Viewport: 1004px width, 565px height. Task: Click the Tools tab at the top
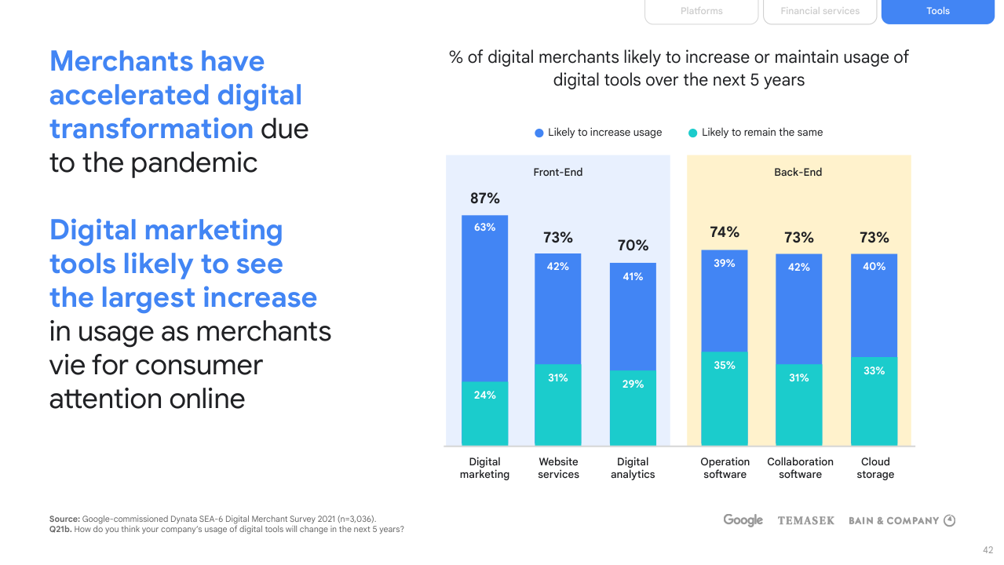pyautogui.click(x=937, y=11)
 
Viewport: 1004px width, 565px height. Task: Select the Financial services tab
pyautogui.click(x=820, y=11)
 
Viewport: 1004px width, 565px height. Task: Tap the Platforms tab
pyautogui.click(x=701, y=11)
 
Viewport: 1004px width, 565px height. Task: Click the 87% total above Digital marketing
pyautogui.click(x=485, y=199)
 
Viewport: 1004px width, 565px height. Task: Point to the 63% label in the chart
pyautogui.click(x=484, y=228)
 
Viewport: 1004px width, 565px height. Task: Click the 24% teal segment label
pyautogui.click(x=484, y=395)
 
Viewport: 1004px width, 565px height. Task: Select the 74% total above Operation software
pyautogui.click(x=725, y=232)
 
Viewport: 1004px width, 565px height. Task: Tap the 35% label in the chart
pyautogui.click(x=725, y=366)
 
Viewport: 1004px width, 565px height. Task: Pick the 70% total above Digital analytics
pyautogui.click(x=633, y=246)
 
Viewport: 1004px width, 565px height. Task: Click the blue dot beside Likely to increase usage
pyautogui.click(x=539, y=133)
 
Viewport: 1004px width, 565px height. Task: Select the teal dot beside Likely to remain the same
pyautogui.click(x=692, y=133)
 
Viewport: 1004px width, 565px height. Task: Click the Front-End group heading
pyautogui.click(x=558, y=173)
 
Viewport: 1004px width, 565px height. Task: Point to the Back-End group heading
pyautogui.click(x=798, y=173)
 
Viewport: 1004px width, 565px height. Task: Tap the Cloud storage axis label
pyautogui.click(x=875, y=468)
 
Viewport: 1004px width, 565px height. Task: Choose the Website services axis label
pyautogui.click(x=558, y=468)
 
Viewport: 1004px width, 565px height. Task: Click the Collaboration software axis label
pyautogui.click(x=800, y=468)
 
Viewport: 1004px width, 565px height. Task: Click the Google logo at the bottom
pyautogui.click(x=743, y=520)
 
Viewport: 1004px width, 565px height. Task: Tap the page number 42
pyautogui.click(x=988, y=550)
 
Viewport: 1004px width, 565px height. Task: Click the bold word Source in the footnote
pyautogui.click(x=64, y=519)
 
